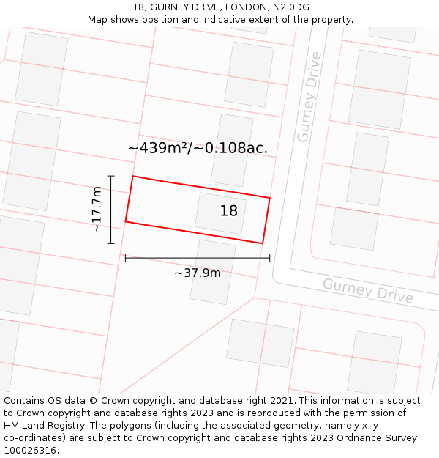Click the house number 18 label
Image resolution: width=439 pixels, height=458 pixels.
coord(229,211)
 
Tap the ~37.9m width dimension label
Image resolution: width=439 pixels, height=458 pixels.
coord(198,273)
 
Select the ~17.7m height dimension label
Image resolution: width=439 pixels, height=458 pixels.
coord(97,210)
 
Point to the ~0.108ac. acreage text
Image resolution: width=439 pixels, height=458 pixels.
coord(236,148)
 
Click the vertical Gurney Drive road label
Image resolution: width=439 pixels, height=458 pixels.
coord(309,97)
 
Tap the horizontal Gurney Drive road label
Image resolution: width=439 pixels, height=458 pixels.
coord(368,291)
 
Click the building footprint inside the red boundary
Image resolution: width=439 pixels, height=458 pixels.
coord(219,213)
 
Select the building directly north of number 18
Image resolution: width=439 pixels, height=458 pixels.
coord(232,149)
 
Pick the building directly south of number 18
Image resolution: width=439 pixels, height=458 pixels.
coord(213,272)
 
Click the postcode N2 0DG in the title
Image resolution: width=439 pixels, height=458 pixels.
coord(291,7)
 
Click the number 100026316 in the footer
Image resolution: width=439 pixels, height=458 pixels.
coord(31,451)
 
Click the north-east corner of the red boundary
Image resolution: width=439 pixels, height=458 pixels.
coord(269,198)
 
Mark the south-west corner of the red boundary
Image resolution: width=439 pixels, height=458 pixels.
coord(126,221)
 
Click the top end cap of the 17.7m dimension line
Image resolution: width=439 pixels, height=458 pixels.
coord(111,176)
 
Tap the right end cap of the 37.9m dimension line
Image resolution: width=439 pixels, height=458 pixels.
coord(270,258)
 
